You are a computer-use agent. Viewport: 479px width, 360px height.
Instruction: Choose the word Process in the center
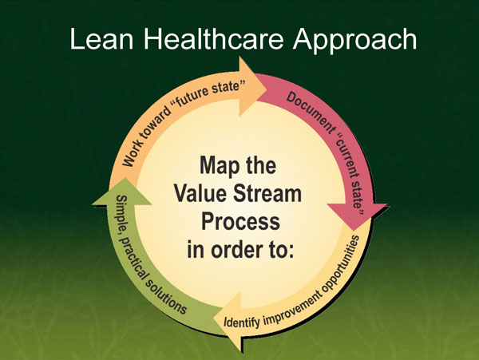[239, 221]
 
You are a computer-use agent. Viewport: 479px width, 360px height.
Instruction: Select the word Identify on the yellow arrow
[244, 322]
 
